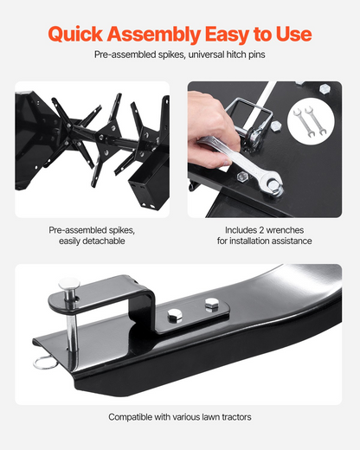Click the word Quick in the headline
pos(75,35)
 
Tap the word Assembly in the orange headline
pos(154,35)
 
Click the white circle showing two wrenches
pos(311,121)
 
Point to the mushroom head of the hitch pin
pos(69,284)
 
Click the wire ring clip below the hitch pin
pos(45,363)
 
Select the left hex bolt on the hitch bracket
pos(175,315)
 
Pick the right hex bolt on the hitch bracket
pos(212,305)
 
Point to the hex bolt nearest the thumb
pos(243,176)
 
